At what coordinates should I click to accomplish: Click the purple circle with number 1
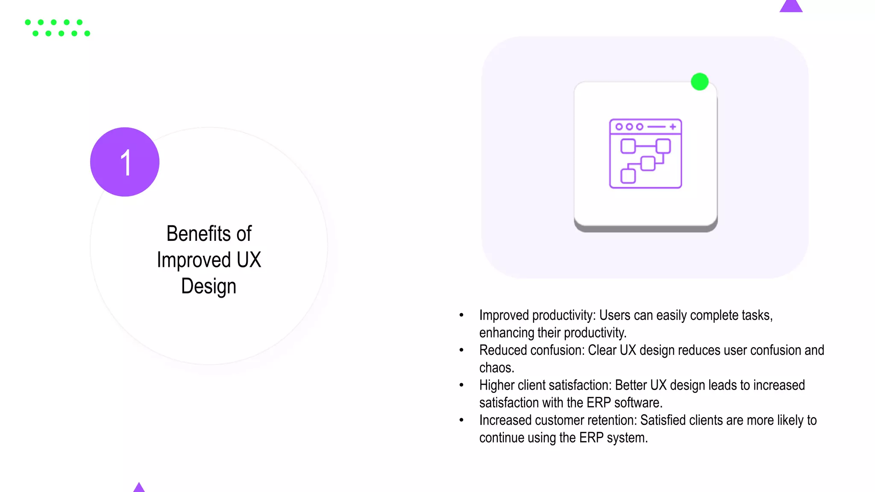click(x=125, y=162)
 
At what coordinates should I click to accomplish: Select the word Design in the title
click(x=208, y=286)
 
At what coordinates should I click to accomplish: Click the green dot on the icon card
click(x=699, y=82)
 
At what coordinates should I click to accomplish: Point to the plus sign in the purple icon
click(x=673, y=126)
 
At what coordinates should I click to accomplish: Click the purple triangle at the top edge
click(x=791, y=6)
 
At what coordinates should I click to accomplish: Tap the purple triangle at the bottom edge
click(x=139, y=488)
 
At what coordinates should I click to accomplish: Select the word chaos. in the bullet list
click(x=496, y=368)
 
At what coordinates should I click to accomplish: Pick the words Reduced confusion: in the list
click(x=531, y=350)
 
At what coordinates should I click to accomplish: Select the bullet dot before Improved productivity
click(x=461, y=315)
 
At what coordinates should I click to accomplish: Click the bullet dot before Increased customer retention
click(x=461, y=420)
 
